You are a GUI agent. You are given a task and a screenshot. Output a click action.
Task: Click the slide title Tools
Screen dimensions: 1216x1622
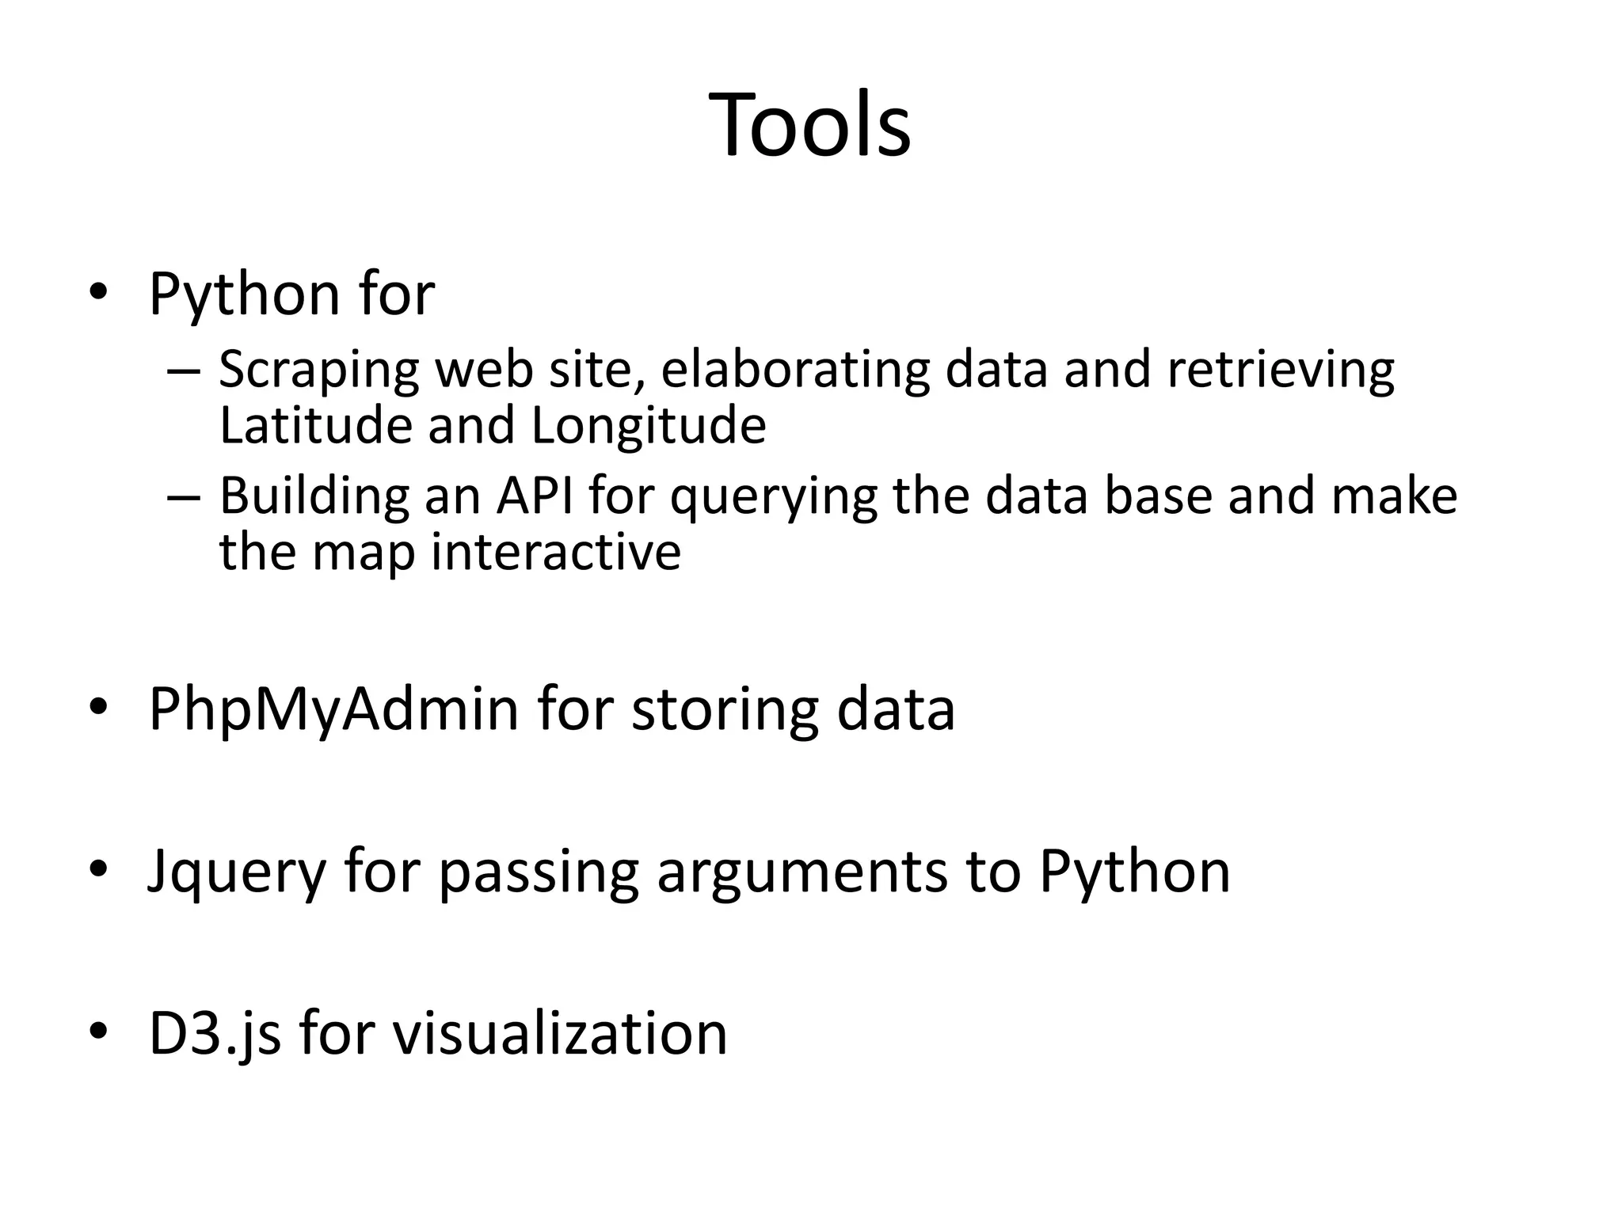(809, 126)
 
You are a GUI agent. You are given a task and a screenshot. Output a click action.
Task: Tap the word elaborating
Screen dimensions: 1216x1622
(795, 370)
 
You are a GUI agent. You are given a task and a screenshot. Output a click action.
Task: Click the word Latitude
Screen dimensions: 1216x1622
(316, 425)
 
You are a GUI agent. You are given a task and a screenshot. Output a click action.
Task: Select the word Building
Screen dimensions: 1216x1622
(314, 497)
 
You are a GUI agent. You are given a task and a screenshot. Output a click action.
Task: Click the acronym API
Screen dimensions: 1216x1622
(535, 496)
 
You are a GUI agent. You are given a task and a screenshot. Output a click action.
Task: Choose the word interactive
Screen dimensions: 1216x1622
(555, 552)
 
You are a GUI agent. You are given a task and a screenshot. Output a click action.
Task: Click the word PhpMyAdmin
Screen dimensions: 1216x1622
(333, 710)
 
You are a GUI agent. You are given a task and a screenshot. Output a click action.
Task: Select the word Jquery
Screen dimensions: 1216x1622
(237, 873)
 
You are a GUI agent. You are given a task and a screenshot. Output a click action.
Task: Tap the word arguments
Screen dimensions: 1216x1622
(802, 873)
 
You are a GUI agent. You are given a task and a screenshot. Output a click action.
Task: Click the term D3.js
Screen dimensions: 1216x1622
(215, 1035)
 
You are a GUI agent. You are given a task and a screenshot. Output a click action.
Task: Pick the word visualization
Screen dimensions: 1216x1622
(560, 1033)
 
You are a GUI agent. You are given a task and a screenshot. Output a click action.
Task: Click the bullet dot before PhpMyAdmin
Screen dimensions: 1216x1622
(97, 707)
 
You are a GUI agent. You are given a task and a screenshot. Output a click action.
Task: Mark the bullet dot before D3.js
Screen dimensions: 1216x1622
(97, 1030)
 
